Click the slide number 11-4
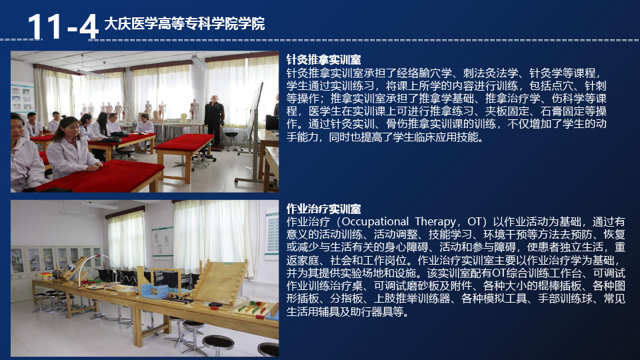coord(63,27)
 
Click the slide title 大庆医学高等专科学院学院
coord(185,24)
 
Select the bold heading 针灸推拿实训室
coord(323,60)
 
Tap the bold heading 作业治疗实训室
coord(323,209)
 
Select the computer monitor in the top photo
coord(272,123)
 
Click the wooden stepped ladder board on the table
coord(221,281)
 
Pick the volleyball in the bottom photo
coord(71,269)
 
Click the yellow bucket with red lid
coord(46,276)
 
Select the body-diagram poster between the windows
coord(163,241)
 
